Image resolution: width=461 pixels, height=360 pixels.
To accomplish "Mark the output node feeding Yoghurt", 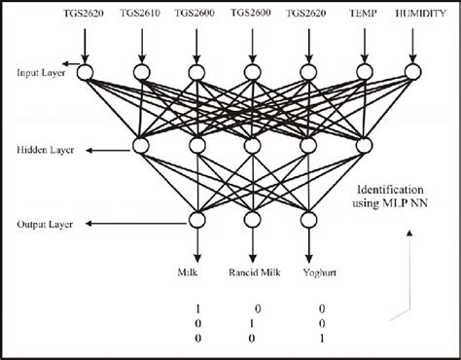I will pyautogui.click(x=310, y=221).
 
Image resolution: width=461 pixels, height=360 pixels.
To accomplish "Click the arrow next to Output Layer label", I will pyautogui.click(x=92, y=224).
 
